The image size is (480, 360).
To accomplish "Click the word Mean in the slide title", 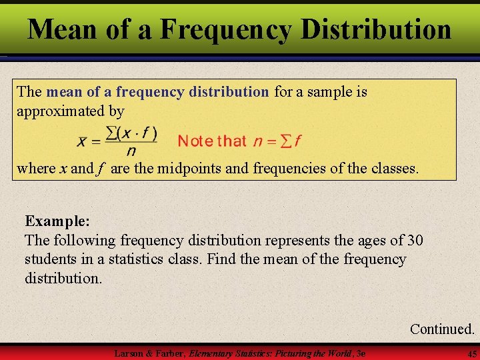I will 65,29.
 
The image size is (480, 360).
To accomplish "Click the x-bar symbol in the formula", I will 82,141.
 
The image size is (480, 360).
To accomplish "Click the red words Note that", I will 212,141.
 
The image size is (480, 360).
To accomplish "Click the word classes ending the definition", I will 395,168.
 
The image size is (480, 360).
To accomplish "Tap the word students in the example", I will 51,259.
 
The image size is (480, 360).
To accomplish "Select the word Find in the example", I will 221,259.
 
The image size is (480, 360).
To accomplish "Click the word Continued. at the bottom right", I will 442,329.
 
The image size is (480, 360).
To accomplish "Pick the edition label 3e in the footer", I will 361,352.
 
